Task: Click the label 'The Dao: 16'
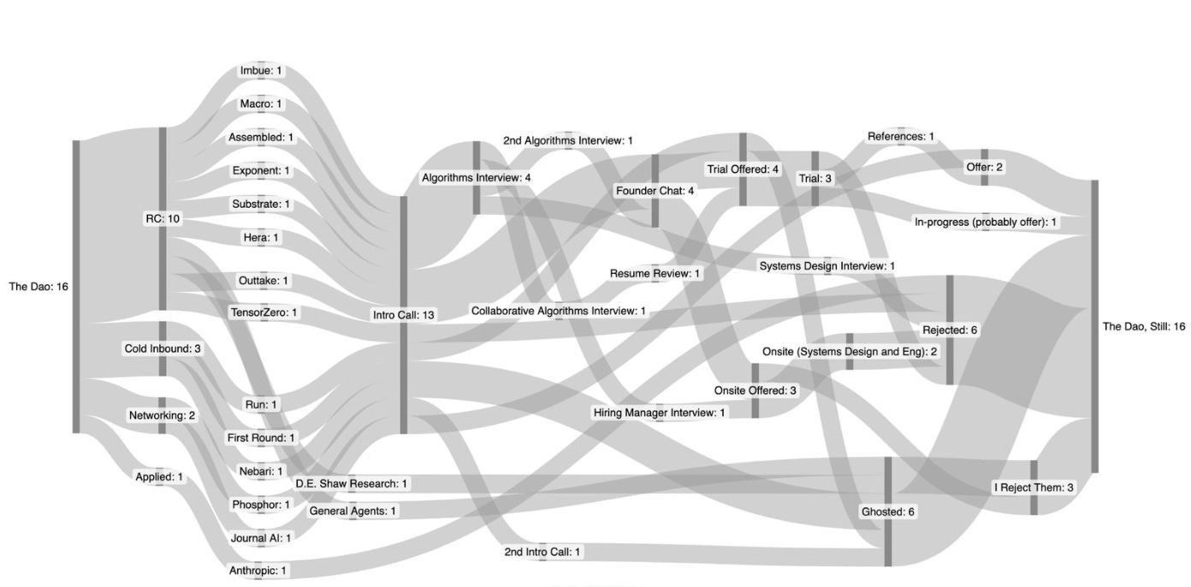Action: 39,287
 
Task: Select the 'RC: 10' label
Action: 162,219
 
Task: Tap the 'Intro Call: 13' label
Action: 404,315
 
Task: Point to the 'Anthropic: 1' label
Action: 258,570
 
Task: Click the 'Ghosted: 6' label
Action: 887,512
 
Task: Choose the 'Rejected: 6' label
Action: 949,330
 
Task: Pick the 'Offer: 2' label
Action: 984,168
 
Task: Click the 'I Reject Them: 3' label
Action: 1033,488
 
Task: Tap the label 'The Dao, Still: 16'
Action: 1144,327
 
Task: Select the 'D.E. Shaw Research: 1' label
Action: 352,484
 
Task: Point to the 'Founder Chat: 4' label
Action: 655,191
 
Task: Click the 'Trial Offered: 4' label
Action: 743,169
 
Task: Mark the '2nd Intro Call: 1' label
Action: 542,552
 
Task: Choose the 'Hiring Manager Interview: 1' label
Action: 659,413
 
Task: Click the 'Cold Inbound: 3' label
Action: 163,349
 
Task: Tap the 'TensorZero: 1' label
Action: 264,312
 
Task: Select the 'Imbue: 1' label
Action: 261,70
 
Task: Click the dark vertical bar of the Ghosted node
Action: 888,548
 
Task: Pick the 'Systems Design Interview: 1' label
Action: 827,266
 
